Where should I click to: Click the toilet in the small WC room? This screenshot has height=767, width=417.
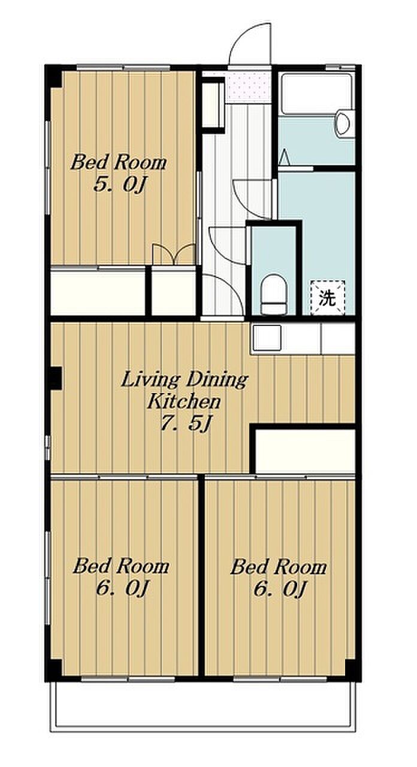274,294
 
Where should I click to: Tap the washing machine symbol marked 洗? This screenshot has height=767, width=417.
327,297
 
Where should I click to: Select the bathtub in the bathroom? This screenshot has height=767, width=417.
317,94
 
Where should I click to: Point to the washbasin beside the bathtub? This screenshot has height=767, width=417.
343,123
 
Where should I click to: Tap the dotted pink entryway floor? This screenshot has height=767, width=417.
249,87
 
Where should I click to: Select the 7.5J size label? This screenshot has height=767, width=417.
185,424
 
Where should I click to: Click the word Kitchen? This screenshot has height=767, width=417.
184,401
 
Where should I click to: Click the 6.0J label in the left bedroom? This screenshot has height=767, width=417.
122,588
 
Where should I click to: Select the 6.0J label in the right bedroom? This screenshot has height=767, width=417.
279,588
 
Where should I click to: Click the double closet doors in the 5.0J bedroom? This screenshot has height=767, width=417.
174,255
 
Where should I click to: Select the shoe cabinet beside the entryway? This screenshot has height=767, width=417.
212,105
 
